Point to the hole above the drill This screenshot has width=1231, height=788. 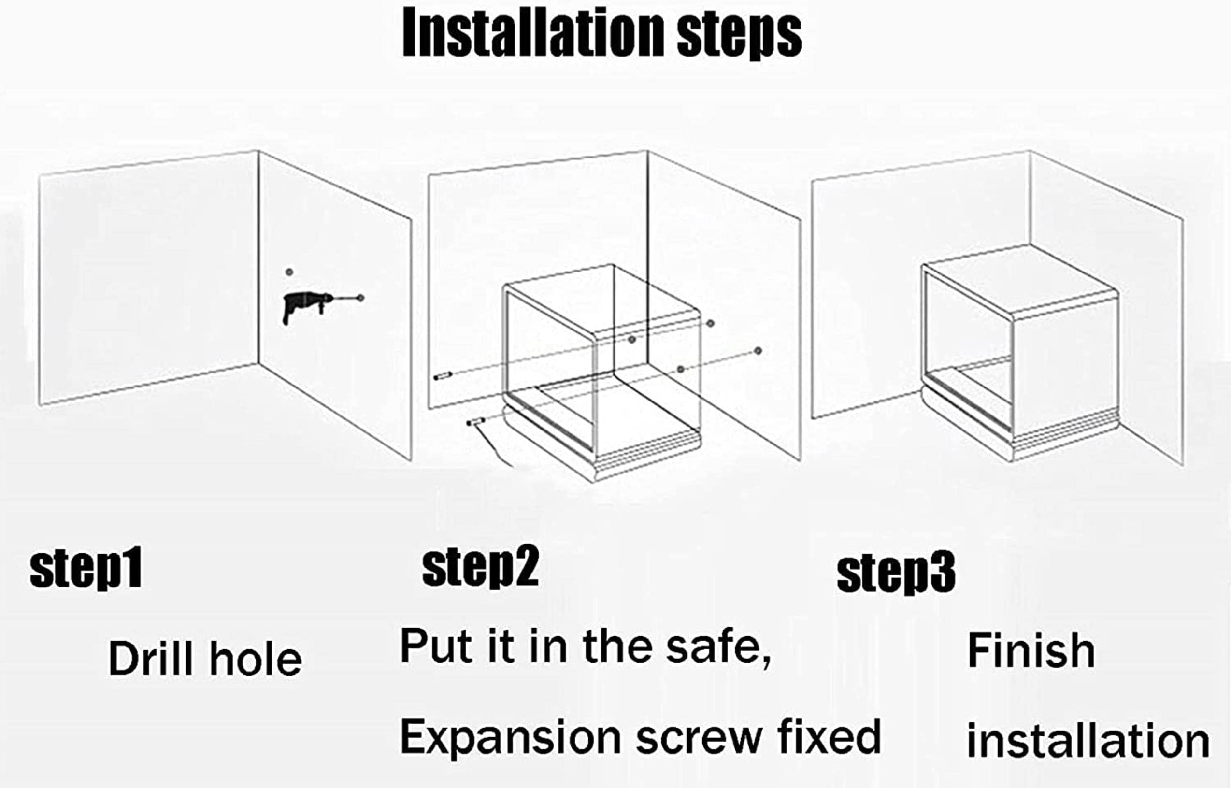(x=289, y=272)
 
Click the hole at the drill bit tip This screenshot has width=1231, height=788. (x=361, y=297)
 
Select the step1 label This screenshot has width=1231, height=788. (x=86, y=570)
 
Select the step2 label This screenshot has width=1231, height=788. (x=480, y=566)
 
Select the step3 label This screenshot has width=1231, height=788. (x=896, y=573)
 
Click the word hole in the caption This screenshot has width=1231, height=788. (x=256, y=659)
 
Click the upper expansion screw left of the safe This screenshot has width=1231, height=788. (x=443, y=376)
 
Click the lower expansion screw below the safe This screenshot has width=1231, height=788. (x=476, y=422)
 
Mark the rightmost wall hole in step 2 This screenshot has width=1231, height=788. (x=758, y=350)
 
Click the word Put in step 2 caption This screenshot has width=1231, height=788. (x=436, y=646)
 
